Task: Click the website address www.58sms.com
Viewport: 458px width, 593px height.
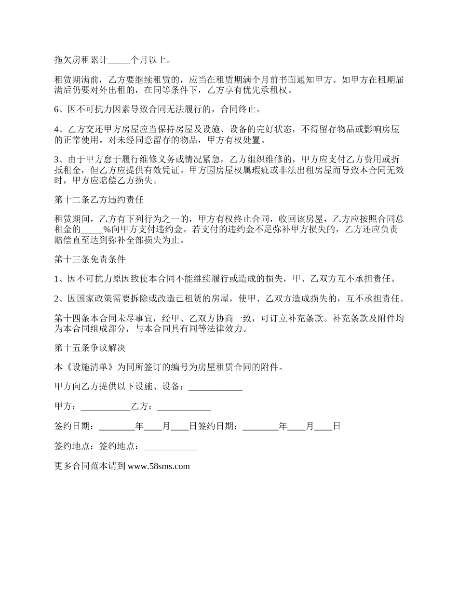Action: pos(159,466)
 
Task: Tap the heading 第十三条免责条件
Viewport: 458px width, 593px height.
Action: pos(90,259)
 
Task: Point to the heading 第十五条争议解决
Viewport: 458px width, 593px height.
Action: pos(90,347)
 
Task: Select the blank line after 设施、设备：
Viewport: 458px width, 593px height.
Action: pos(215,387)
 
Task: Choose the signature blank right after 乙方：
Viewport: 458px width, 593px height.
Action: pos(184,407)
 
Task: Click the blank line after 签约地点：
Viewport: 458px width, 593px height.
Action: pos(171,446)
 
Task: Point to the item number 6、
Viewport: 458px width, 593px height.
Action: pos(59,109)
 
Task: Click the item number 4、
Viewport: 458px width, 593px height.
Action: pos(59,129)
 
